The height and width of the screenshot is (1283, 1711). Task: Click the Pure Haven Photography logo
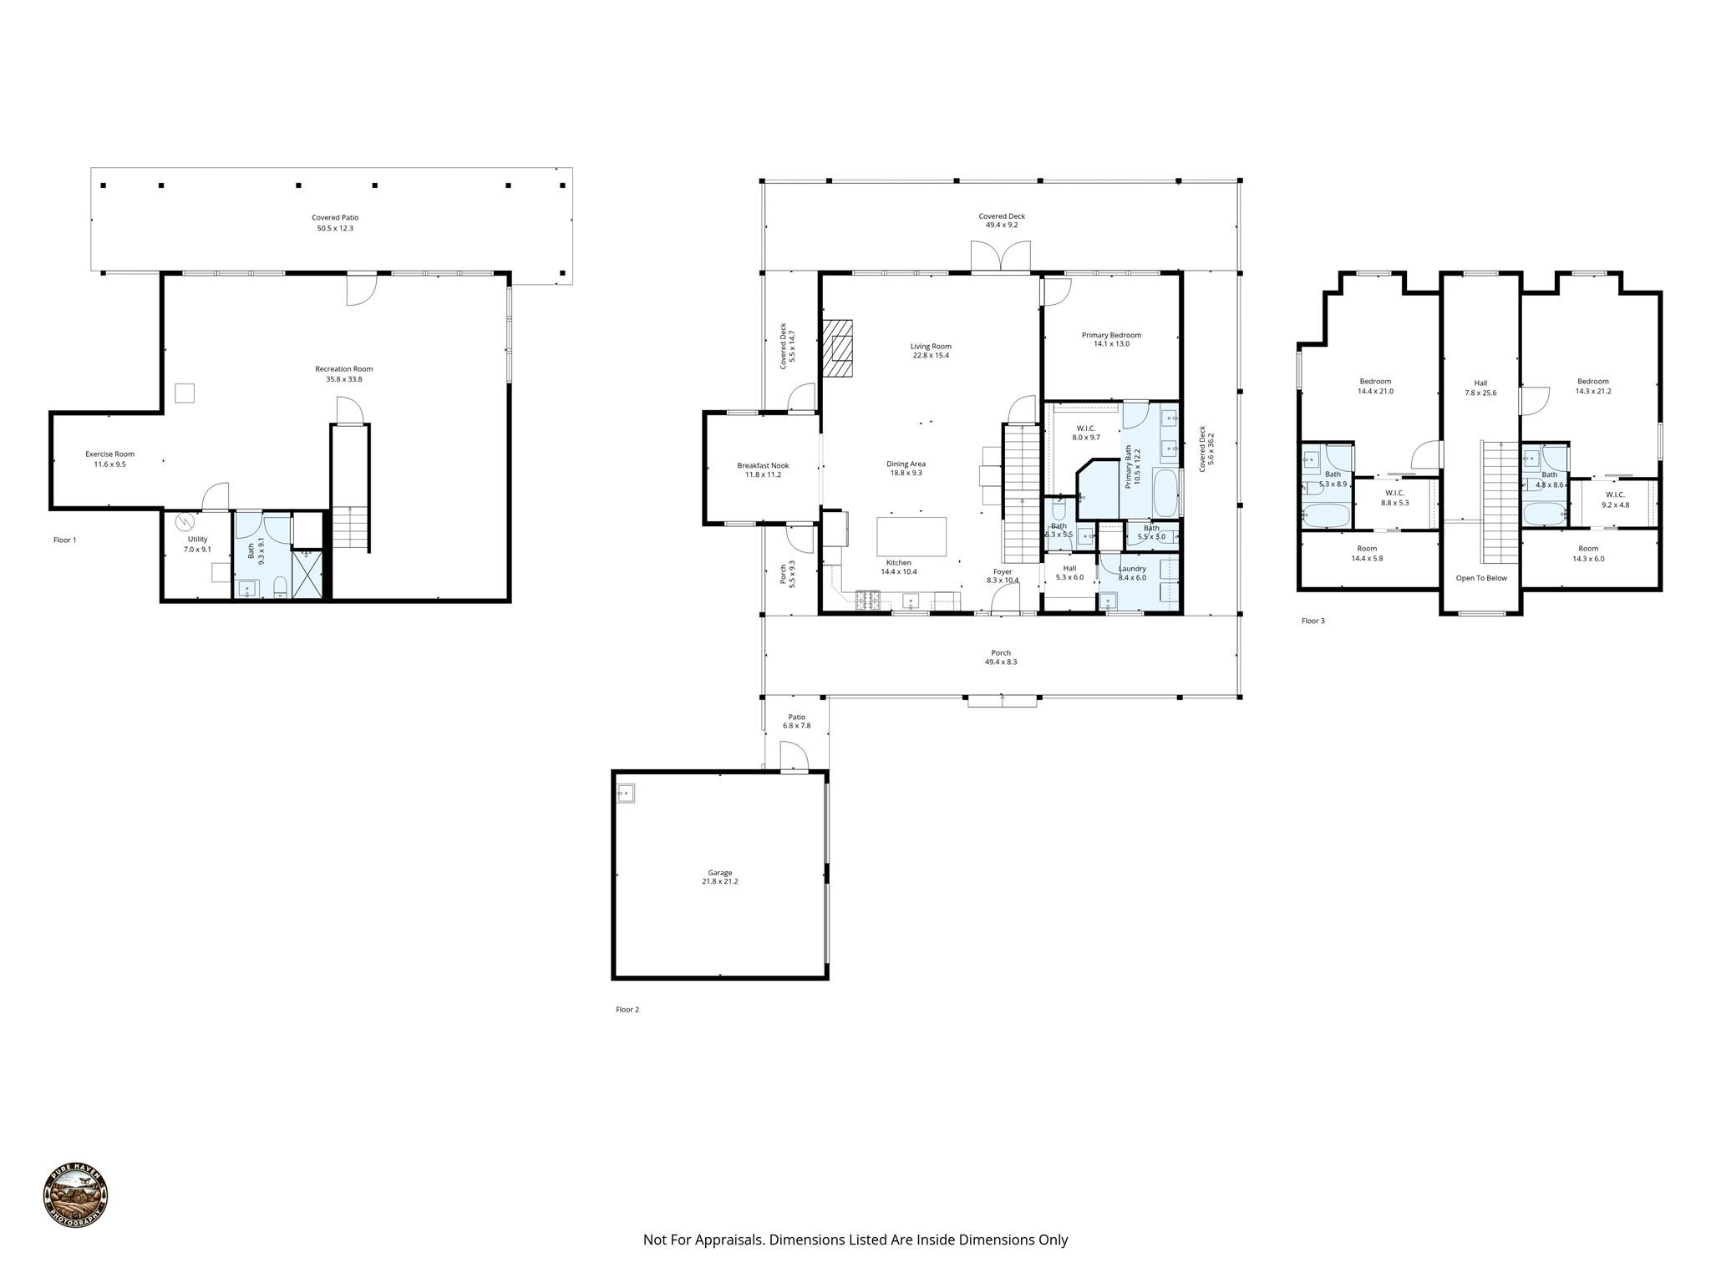75,1195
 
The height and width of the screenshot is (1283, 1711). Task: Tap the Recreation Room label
344,369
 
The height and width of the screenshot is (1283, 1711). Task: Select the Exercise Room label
109,454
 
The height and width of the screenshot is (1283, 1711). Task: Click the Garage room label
720,873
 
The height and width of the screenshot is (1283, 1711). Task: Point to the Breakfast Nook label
763,466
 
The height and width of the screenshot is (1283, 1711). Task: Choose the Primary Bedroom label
1111,335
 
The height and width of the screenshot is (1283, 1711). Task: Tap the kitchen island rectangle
911,536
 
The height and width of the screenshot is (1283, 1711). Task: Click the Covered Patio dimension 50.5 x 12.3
335,228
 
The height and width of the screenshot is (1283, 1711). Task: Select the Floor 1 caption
64,540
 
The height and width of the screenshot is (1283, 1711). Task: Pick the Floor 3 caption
1313,621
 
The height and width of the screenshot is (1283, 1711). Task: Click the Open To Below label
1481,578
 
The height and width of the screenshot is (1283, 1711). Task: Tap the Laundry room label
1132,569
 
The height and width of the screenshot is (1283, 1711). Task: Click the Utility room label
197,540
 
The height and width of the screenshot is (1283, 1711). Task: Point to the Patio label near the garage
797,717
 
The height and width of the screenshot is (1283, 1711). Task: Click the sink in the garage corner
625,793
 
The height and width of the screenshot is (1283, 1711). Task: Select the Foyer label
1003,572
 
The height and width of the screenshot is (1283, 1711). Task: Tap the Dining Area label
906,464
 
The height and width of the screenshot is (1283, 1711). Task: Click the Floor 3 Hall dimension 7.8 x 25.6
1480,393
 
